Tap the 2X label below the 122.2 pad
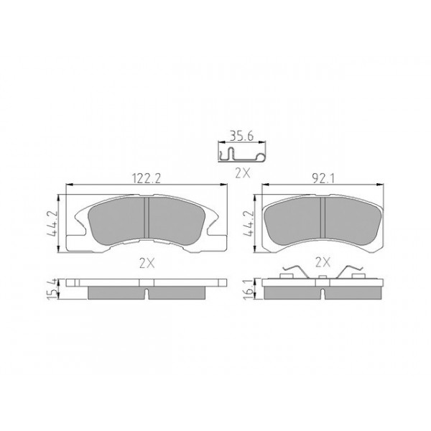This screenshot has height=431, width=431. click(x=147, y=263)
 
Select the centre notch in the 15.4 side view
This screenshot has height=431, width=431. click(x=147, y=293)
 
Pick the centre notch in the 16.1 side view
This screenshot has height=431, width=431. click(x=323, y=293)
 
